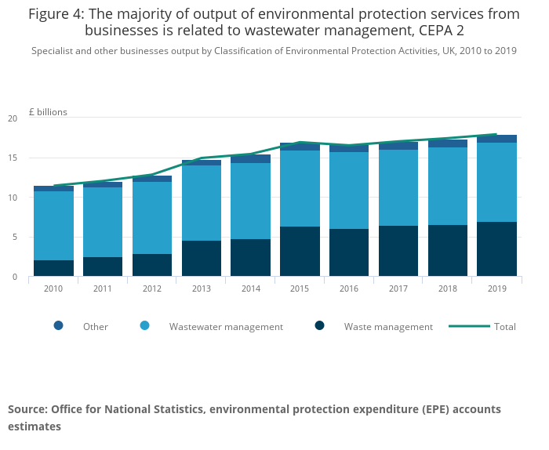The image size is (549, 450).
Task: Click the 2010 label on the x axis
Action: [53, 289]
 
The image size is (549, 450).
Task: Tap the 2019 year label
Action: [496, 289]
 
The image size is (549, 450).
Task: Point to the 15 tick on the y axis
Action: [13, 158]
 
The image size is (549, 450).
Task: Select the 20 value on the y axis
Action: [13, 118]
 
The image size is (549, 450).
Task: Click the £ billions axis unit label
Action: [48, 112]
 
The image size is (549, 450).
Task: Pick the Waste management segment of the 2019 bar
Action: [496, 249]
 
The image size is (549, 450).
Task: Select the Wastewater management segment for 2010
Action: [53, 226]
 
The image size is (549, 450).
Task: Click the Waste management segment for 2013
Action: [202, 259]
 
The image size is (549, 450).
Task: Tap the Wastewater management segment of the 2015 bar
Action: [300, 188]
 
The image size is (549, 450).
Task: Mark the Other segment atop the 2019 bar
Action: [496, 139]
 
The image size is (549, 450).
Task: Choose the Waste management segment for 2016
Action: [349, 252]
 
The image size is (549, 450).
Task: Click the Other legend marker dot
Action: [58, 326]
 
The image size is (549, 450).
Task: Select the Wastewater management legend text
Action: [226, 327]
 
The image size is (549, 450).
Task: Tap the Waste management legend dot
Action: [319, 326]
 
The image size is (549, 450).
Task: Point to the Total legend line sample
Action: [468, 326]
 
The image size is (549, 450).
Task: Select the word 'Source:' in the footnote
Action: [27, 409]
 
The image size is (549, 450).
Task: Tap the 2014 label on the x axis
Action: [250, 289]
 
